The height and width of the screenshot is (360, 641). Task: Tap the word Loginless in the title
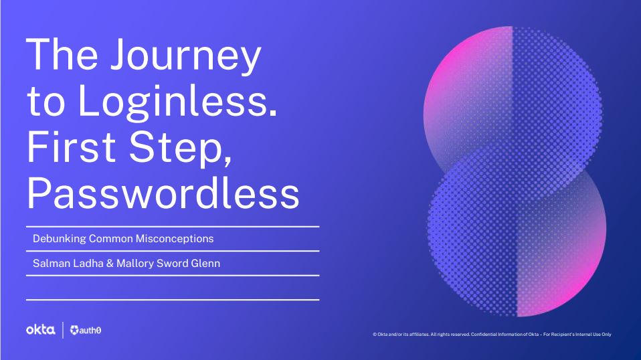coord(177,100)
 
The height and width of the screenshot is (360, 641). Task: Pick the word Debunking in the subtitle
coord(60,239)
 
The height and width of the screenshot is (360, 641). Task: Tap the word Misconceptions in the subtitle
coord(175,239)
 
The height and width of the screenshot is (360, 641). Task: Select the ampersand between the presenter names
coord(110,264)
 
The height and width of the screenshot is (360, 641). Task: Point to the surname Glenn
coord(205,263)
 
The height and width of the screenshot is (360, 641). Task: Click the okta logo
coord(40,330)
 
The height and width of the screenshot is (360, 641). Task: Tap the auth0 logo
coord(86,330)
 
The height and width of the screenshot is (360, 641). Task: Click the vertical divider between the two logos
coord(62,330)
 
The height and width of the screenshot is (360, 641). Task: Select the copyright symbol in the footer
coord(375,335)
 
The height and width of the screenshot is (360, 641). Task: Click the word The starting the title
coord(62,54)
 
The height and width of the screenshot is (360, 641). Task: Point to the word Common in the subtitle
coord(111,239)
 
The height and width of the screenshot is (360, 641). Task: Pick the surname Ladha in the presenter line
coord(88,263)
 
